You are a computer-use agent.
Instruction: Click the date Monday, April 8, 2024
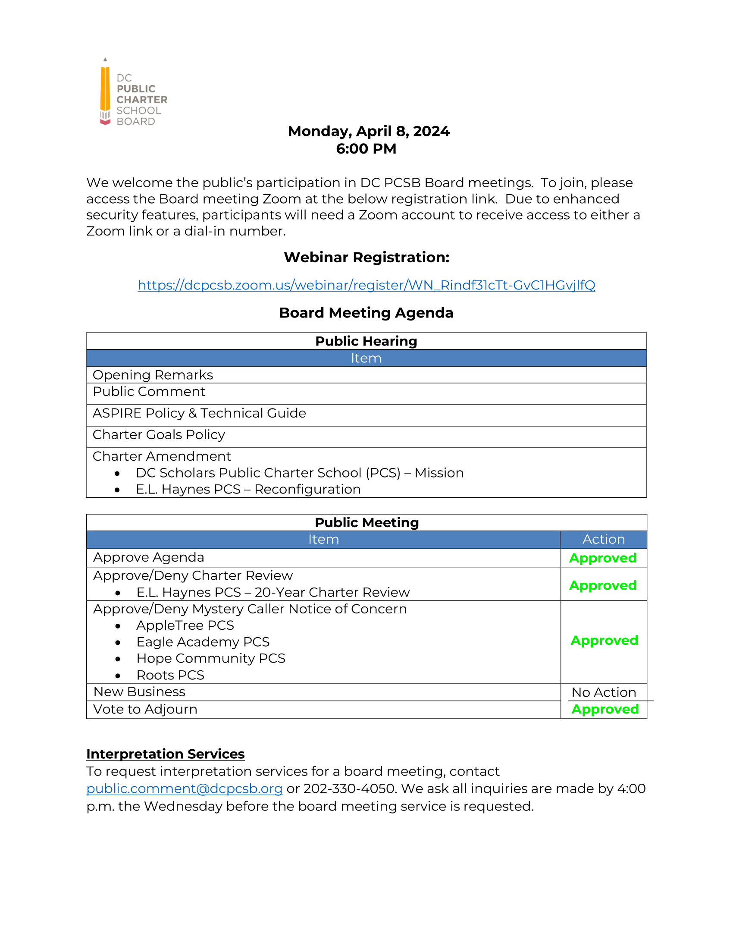pyautogui.click(x=368, y=131)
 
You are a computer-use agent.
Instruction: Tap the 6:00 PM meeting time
pyautogui.click(x=366, y=149)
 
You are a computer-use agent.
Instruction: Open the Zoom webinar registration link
pyautogui.click(x=366, y=285)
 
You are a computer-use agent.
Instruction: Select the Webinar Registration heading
pyautogui.click(x=366, y=257)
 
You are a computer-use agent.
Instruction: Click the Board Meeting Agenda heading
pyautogui.click(x=366, y=313)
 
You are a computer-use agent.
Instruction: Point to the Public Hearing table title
pyautogui.click(x=366, y=341)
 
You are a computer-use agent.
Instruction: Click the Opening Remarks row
pyautogui.click(x=153, y=374)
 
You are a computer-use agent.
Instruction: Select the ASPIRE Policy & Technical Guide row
pyautogui.click(x=199, y=413)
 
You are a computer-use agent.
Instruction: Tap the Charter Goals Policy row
pyautogui.click(x=159, y=434)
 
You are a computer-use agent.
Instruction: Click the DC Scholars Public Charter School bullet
pyautogui.click(x=300, y=473)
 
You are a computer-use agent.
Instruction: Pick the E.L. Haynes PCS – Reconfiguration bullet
pyautogui.click(x=248, y=489)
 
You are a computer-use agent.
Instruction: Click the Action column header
pyautogui.click(x=603, y=539)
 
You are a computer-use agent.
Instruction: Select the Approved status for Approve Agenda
pyautogui.click(x=603, y=558)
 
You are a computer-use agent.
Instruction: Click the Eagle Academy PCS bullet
pyautogui.click(x=203, y=642)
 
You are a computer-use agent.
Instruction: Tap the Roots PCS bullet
pyautogui.click(x=170, y=675)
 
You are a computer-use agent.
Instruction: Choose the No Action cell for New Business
pyautogui.click(x=603, y=692)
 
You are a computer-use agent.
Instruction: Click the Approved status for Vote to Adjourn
pyautogui.click(x=605, y=709)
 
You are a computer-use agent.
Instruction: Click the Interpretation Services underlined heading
pyautogui.click(x=166, y=754)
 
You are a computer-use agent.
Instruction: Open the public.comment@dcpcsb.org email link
pyautogui.click(x=185, y=789)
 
